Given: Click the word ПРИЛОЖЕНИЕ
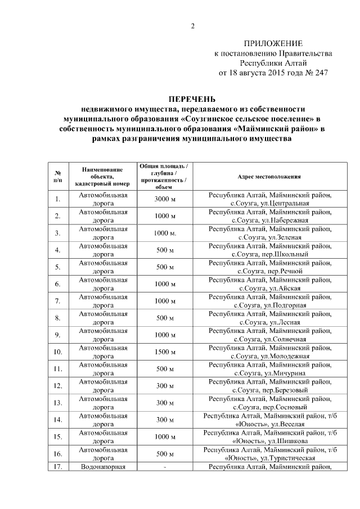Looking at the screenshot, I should point(273,44).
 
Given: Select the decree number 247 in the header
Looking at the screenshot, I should point(320,73).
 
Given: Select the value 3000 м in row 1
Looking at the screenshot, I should point(165,199).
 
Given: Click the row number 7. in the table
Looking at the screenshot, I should point(58,301).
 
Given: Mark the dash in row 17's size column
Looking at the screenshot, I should point(165,467).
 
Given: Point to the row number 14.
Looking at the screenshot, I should point(58,419).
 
